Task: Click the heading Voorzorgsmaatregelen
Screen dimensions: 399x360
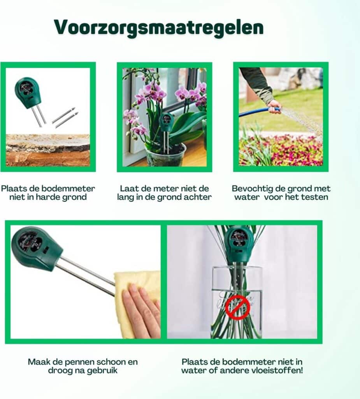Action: (x=159, y=28)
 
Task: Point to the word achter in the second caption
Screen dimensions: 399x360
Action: (x=198, y=197)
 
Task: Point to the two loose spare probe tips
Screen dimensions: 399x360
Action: (x=65, y=117)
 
